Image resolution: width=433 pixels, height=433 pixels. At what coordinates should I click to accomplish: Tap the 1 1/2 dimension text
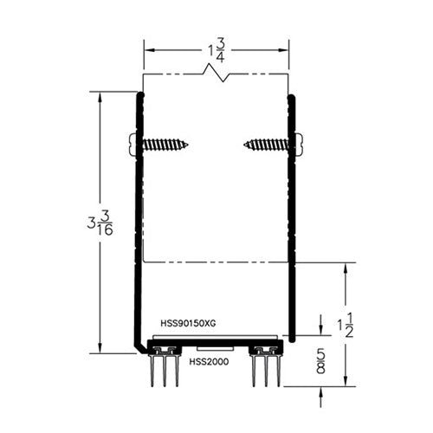click(x=346, y=327)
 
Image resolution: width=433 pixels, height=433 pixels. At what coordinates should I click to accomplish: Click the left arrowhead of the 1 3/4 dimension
click(x=146, y=49)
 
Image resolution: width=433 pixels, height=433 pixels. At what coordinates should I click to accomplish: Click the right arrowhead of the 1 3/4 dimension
click(x=286, y=49)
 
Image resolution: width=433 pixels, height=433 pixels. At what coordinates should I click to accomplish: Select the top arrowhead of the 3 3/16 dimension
click(x=102, y=95)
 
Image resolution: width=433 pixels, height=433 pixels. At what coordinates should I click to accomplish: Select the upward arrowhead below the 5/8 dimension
click(x=322, y=390)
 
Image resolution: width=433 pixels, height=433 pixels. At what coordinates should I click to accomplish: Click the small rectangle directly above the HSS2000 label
click(x=213, y=349)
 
